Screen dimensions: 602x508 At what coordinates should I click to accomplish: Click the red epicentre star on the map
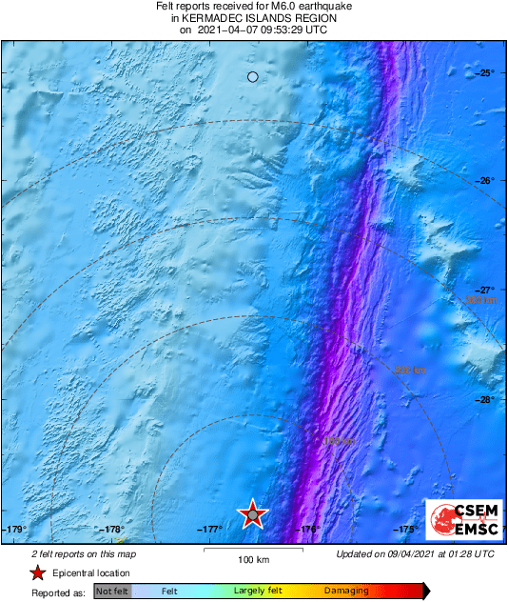252,514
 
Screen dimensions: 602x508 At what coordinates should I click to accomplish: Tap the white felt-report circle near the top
252,77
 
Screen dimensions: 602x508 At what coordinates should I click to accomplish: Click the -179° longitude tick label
15,530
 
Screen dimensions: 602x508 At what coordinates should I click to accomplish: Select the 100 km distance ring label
339,441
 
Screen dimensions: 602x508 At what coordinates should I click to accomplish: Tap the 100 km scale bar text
253,559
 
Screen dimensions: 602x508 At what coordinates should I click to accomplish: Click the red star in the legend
37,572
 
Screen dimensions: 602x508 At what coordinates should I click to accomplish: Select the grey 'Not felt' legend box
112,592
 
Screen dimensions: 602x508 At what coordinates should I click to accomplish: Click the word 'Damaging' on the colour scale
346,592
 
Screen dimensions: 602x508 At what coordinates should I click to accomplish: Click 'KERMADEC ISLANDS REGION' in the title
253,17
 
